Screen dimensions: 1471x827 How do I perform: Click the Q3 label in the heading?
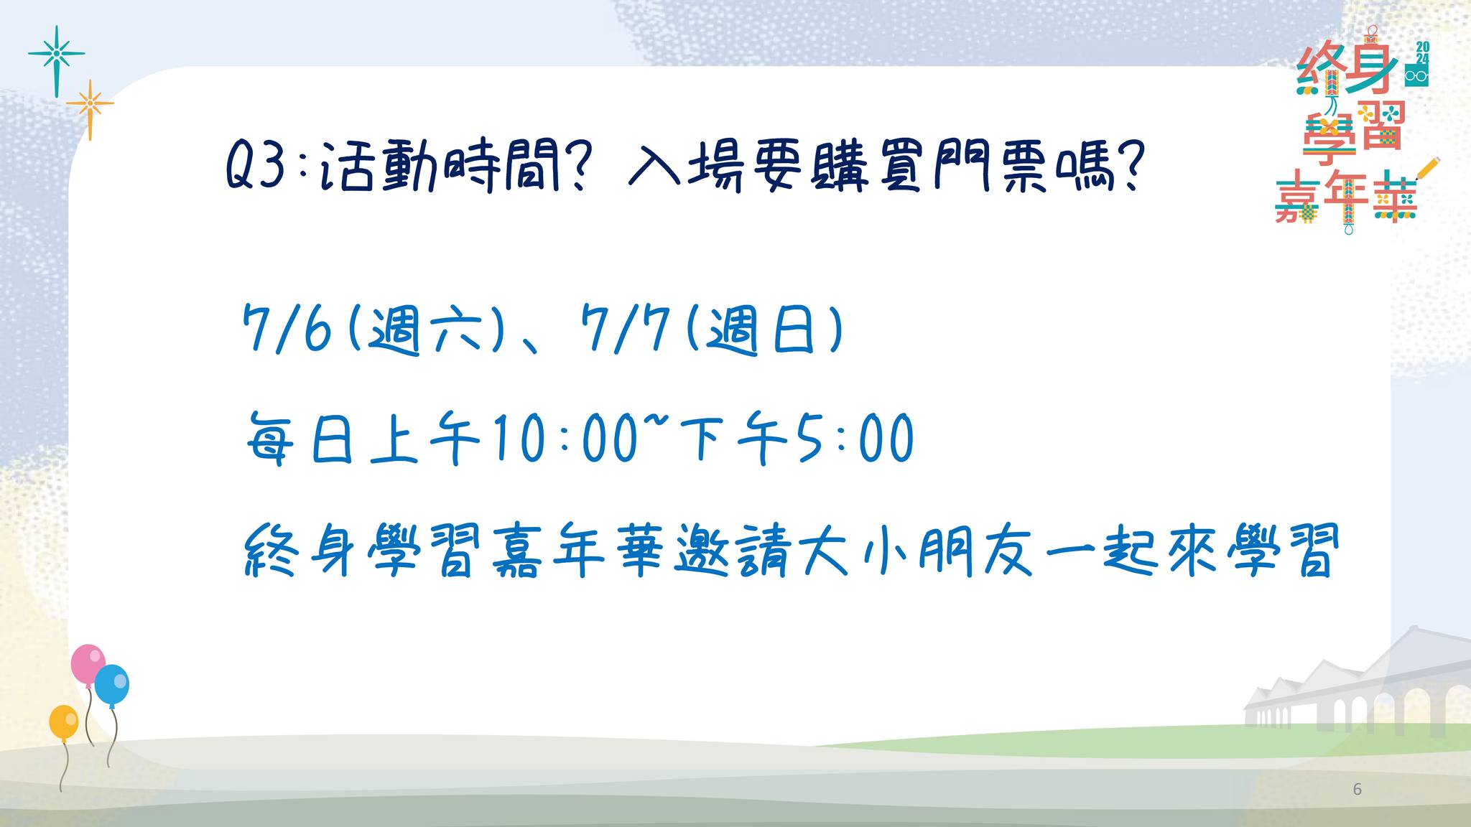pos(256,166)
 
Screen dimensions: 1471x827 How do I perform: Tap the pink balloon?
pos(88,664)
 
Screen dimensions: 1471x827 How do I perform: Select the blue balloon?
pos(111,685)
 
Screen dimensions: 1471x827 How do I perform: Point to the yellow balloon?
pos(64,722)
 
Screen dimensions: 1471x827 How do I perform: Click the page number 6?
pos(1357,790)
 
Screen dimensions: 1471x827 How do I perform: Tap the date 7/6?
pos(287,330)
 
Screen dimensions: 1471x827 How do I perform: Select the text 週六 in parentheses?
pos(424,330)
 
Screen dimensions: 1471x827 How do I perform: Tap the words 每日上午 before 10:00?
pos(363,437)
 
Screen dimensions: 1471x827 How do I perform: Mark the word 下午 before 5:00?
pos(733,437)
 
